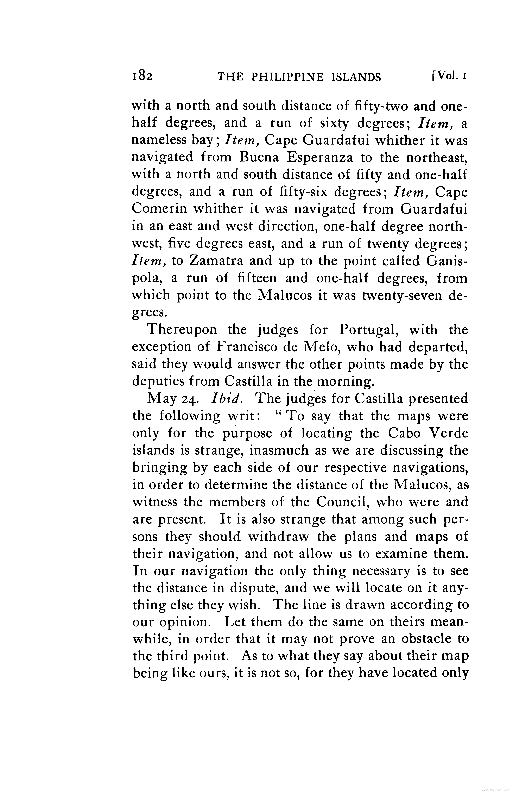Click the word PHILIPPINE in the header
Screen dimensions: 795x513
(287, 77)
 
